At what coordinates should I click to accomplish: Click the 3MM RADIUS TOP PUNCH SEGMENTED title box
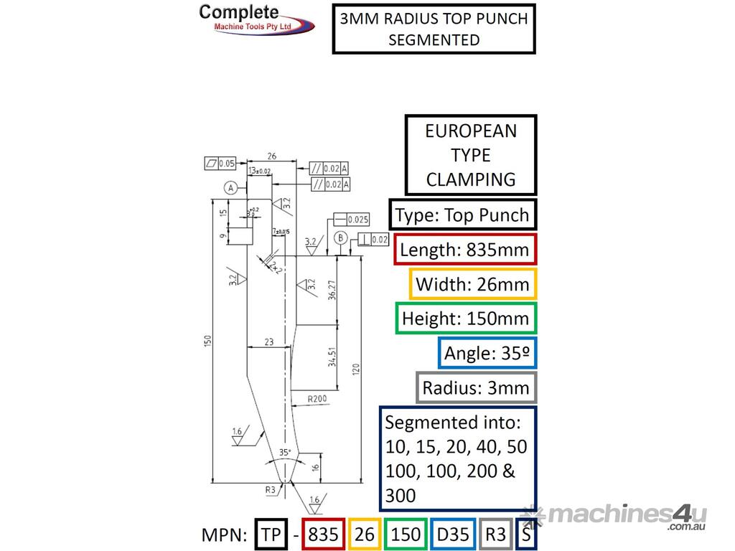click(434, 29)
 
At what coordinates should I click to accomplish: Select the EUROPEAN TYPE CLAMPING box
click(470, 155)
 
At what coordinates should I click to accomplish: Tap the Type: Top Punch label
click(463, 215)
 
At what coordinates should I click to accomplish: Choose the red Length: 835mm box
click(464, 250)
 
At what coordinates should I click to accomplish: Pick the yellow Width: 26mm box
click(472, 284)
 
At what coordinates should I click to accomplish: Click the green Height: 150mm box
click(466, 319)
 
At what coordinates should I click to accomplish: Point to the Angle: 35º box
click(487, 353)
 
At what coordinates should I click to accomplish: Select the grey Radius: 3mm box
click(475, 388)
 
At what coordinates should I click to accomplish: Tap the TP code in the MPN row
click(271, 534)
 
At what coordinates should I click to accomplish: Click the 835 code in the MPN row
click(322, 534)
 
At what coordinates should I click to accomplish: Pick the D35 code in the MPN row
click(452, 534)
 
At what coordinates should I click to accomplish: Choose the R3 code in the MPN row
click(495, 534)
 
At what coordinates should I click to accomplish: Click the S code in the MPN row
click(526, 534)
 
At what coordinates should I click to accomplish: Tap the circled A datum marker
click(230, 188)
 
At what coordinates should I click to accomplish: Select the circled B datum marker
click(341, 238)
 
